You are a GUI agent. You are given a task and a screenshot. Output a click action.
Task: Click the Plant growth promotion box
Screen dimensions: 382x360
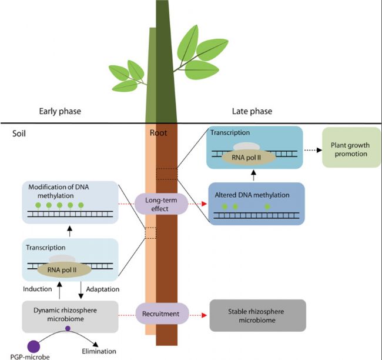(x=351, y=147)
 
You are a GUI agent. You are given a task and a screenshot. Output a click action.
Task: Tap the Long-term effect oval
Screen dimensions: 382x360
(x=161, y=204)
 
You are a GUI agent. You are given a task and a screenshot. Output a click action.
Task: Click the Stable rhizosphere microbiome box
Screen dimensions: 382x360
(x=258, y=316)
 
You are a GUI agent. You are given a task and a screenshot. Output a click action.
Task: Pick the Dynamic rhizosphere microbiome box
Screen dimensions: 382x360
(x=70, y=316)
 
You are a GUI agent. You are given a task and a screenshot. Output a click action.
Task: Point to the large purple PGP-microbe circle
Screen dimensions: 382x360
(x=33, y=346)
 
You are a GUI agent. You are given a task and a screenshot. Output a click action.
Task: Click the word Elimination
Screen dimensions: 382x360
(x=99, y=351)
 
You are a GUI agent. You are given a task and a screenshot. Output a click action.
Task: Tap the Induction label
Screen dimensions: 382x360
(x=37, y=289)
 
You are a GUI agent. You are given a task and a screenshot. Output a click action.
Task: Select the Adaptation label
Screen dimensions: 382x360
(x=103, y=289)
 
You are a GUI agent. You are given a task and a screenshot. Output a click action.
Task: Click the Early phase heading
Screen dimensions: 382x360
(x=60, y=111)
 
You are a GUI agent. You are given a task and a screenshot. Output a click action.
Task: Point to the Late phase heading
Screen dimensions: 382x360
(x=252, y=111)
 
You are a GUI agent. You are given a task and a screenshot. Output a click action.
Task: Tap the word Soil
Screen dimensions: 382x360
(x=19, y=134)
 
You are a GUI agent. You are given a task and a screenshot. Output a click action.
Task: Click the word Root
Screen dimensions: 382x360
(x=158, y=133)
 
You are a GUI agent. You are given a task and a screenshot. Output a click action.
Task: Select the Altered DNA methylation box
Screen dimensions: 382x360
(x=257, y=204)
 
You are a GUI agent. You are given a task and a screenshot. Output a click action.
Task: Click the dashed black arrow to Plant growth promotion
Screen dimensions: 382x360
(x=313, y=150)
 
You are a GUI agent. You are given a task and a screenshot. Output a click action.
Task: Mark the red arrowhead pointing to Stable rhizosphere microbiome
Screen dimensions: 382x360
(x=205, y=315)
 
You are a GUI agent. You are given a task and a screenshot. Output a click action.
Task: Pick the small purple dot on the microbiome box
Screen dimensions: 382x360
(x=68, y=328)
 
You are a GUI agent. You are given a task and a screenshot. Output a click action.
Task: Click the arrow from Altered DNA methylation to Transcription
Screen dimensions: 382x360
(x=254, y=175)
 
